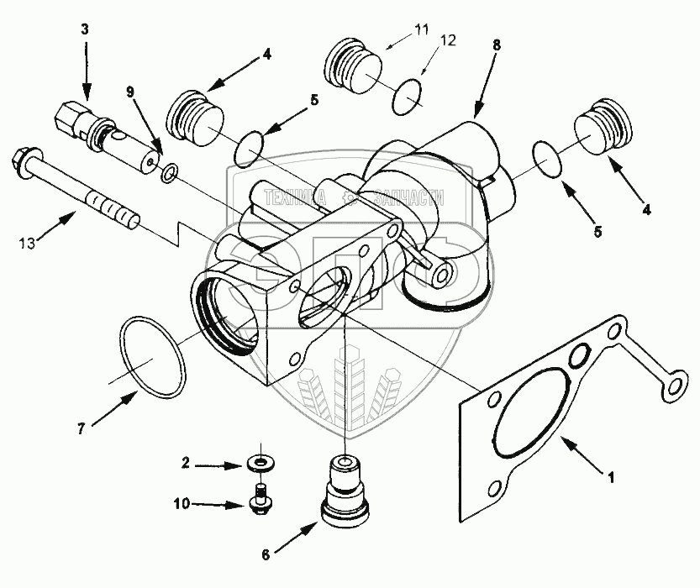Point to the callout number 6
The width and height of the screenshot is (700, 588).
[266, 554]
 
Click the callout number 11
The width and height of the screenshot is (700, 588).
[419, 29]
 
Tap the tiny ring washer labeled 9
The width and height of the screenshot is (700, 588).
[168, 173]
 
